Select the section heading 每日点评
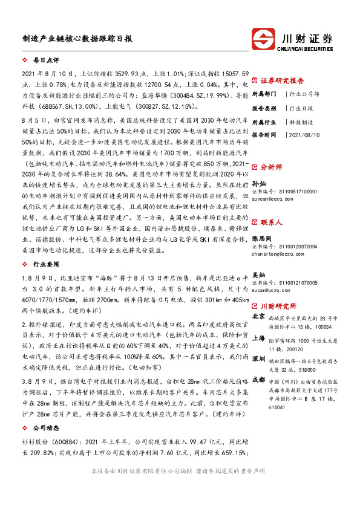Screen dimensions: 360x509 [x=45, y=60]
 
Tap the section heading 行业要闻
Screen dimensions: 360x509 [x=45, y=264]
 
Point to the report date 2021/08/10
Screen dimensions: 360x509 [x=307, y=135]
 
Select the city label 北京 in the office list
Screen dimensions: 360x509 [x=258, y=317]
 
